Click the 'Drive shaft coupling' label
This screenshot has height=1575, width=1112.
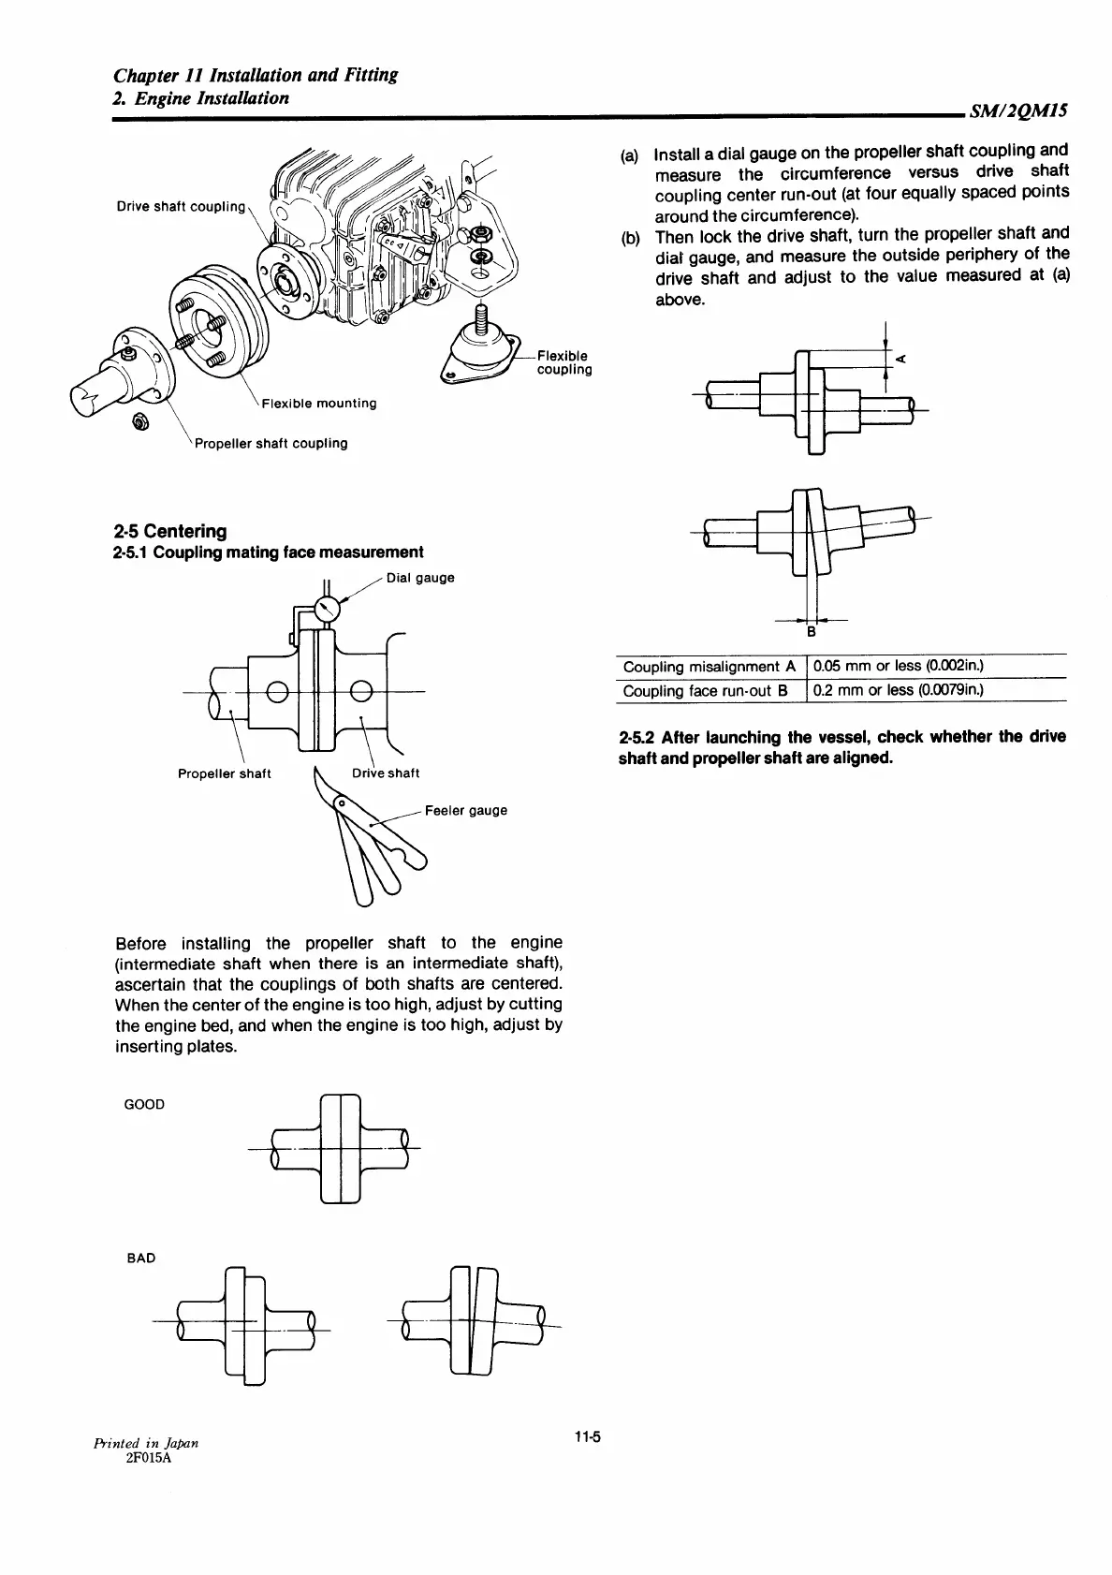pos(181,206)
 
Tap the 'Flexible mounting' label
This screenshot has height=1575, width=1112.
pos(319,404)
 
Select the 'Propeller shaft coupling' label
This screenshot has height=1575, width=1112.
pos(271,443)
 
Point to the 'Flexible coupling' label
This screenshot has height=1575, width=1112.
pos(563,362)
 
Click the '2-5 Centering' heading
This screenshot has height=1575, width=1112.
pos(169,531)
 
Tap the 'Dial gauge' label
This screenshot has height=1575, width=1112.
pos(420,578)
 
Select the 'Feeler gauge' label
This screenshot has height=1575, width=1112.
pos(466,810)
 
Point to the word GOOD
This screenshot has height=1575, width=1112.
pos(144,1104)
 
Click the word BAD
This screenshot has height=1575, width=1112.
pos(140,1258)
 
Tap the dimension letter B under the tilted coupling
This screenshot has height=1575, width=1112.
pos(812,632)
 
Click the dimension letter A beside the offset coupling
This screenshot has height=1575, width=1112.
pos(900,359)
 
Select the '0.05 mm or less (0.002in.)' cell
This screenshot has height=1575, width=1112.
pos(898,667)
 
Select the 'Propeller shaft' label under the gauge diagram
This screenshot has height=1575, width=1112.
pos(225,773)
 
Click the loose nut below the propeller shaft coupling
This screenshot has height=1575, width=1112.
pos(138,422)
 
